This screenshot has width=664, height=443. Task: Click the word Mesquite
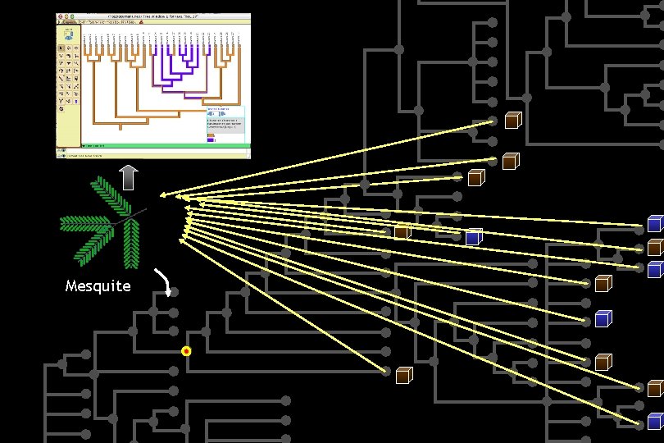click(98, 286)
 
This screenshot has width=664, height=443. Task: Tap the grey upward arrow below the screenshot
click(129, 177)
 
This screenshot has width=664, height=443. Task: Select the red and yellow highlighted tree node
click(186, 351)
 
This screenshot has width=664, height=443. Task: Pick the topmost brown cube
click(513, 120)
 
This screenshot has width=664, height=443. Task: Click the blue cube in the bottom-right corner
click(655, 422)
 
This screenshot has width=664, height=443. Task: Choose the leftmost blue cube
click(473, 237)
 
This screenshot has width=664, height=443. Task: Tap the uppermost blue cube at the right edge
click(655, 223)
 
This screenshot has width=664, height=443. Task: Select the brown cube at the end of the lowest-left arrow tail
click(403, 376)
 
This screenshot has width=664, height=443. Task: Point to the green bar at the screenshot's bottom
click(152, 145)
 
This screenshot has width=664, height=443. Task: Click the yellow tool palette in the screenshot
click(66, 74)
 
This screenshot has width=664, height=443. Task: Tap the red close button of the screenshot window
click(59, 16)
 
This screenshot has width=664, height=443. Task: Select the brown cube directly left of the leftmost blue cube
click(402, 232)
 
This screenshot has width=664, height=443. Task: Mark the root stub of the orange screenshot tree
click(121, 126)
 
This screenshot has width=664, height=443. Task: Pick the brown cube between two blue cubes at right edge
click(655, 247)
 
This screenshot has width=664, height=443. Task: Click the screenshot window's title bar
click(152, 16)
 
